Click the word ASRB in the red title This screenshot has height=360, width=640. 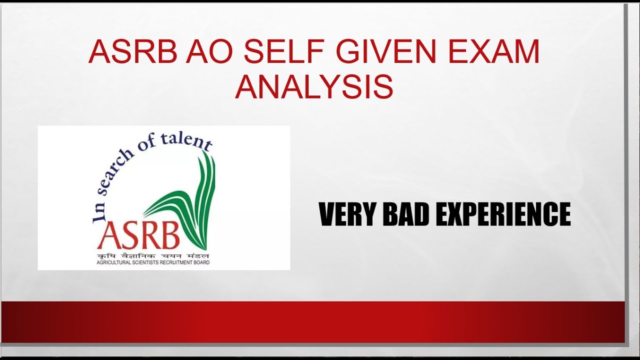(x=133, y=51)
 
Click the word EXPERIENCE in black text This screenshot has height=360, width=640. (x=503, y=214)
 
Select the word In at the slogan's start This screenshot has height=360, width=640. (x=99, y=212)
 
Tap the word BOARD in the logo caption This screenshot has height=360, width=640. (x=202, y=262)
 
